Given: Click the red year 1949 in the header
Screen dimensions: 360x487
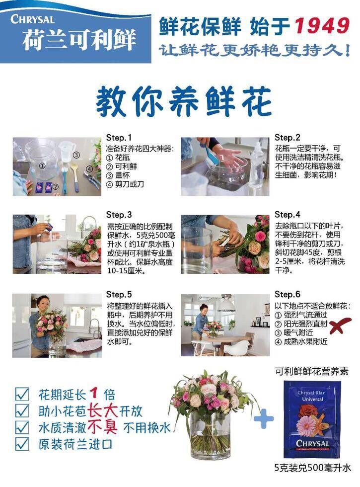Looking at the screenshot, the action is pyautogui.click(x=322, y=25).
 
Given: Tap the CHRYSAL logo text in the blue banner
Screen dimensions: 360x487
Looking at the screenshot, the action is pyautogui.click(x=32, y=19).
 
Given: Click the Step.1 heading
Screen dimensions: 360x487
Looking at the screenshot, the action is pyautogui.click(x=119, y=138).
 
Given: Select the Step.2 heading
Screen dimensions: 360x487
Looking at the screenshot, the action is pyautogui.click(x=288, y=138).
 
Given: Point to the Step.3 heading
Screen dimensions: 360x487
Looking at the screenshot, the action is pyautogui.click(x=119, y=215).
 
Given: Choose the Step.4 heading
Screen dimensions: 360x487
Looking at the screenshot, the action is pyautogui.click(x=288, y=215).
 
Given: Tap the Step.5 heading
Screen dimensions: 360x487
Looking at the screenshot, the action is pyautogui.click(x=119, y=294).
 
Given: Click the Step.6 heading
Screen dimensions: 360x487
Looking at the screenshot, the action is pyautogui.click(x=288, y=294).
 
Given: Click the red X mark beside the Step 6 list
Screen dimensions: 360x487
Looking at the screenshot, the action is pyautogui.click(x=340, y=325).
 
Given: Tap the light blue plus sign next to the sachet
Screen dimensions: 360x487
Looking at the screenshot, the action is pyautogui.click(x=264, y=418).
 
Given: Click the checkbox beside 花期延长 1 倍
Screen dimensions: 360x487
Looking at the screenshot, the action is pyautogui.click(x=22, y=394).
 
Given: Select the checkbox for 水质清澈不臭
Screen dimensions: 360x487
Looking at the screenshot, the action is pyautogui.click(x=22, y=427).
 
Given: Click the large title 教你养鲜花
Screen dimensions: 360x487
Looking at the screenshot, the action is pyautogui.click(x=184, y=101).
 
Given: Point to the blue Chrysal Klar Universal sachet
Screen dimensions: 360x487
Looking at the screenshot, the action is pyautogui.click(x=312, y=419).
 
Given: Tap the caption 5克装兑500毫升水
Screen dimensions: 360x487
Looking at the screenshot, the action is pyautogui.click(x=312, y=468).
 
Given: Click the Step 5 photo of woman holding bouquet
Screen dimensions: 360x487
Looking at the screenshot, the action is pyautogui.click(x=57, y=325).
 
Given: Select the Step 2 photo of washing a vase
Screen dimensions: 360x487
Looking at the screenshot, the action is pyautogui.click(x=225, y=167).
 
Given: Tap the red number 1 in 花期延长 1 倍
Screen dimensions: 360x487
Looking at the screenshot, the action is pyautogui.click(x=94, y=394).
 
